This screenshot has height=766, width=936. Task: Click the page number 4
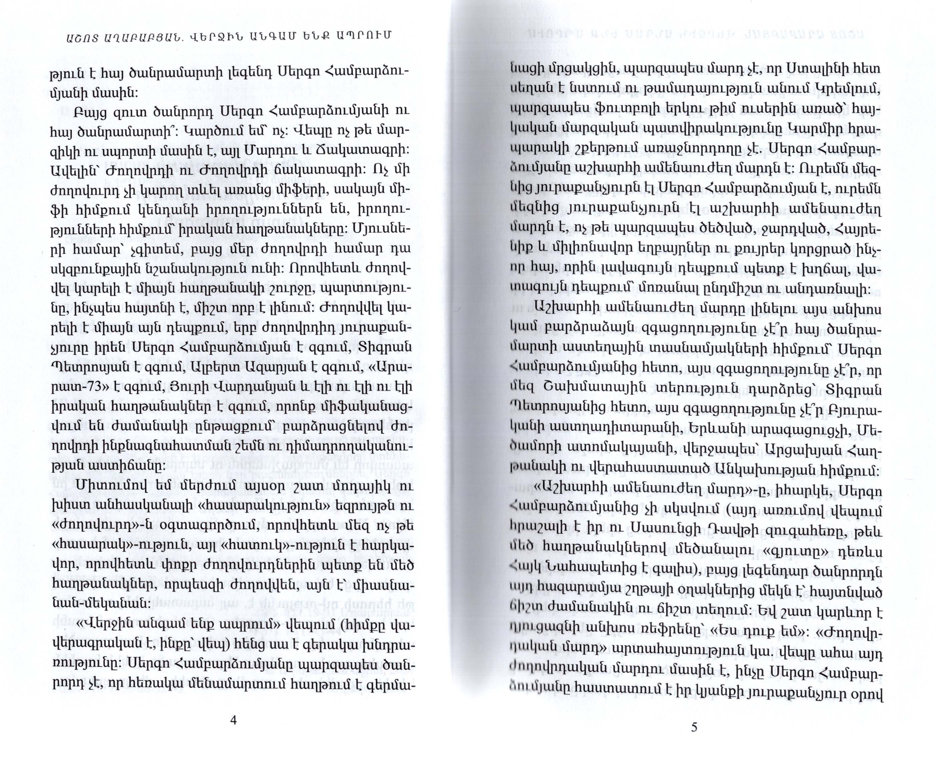coord(234,720)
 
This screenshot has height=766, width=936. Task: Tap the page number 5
coord(694,727)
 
